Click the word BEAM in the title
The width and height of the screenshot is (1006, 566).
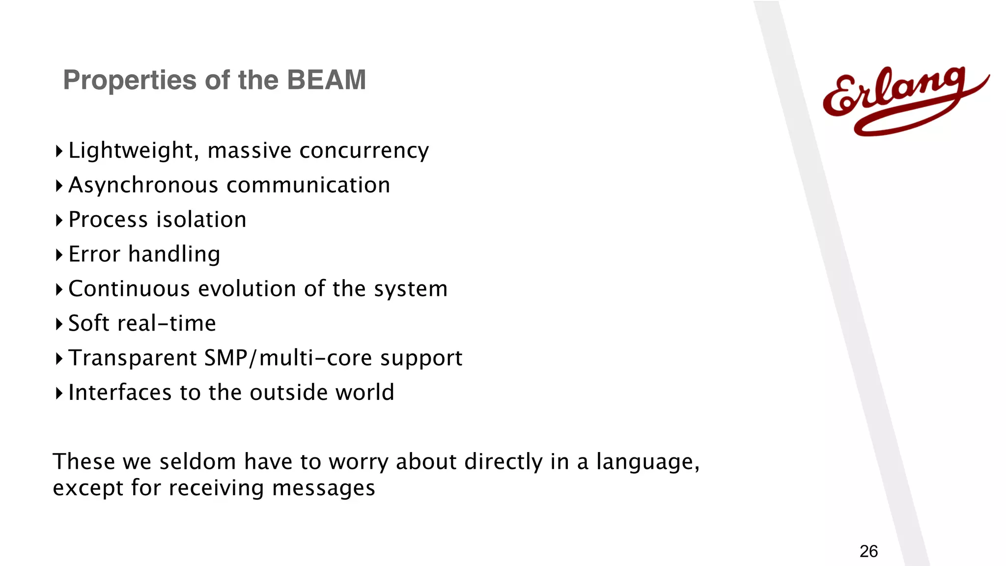[326, 80]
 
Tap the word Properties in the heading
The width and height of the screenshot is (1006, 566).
[130, 80]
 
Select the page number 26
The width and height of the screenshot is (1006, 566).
[868, 551]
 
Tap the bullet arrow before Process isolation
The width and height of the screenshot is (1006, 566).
[59, 220]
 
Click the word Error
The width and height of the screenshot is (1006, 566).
[94, 254]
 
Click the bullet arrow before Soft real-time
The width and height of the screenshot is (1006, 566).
[59, 324]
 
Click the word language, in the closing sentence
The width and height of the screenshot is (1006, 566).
[647, 462]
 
